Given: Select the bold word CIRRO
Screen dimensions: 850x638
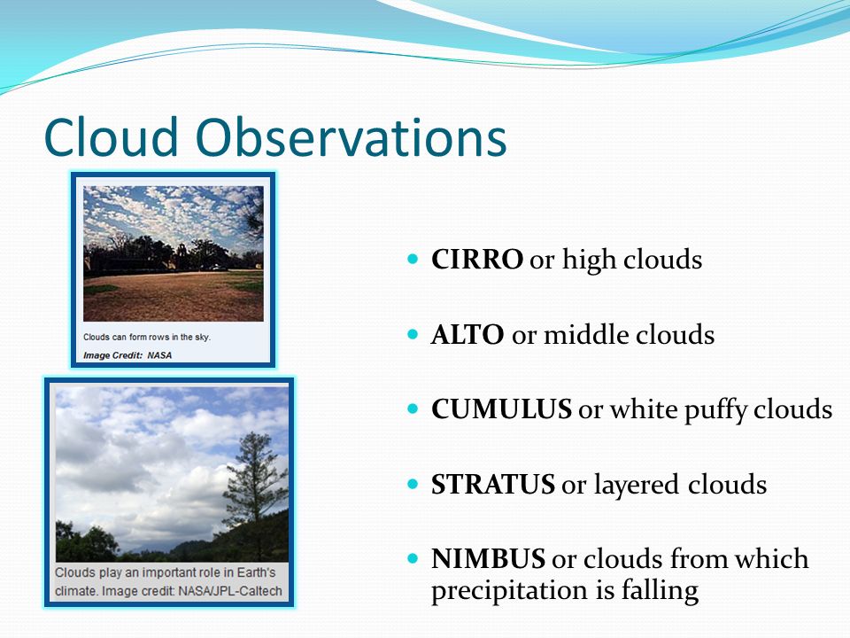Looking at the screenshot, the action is pyautogui.click(x=477, y=260).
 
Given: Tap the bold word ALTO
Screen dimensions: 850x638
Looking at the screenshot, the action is pyautogui.click(x=467, y=335).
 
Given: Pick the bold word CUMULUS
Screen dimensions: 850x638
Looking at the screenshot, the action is pyautogui.click(x=501, y=409).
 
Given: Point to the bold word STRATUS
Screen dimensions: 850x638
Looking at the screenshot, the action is pyautogui.click(x=493, y=485).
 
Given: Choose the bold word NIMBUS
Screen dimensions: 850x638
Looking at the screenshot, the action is pyautogui.click(x=489, y=559).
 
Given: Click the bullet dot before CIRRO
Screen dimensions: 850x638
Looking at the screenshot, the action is pyautogui.click(x=413, y=258).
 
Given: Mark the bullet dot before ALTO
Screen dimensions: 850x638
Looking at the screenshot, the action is pyautogui.click(x=413, y=334).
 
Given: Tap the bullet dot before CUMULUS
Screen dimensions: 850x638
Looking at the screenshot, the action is pyautogui.click(x=413, y=408).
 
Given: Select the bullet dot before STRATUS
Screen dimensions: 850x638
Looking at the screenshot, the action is pyautogui.click(x=413, y=484).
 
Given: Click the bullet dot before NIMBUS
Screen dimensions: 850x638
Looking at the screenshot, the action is pyautogui.click(x=413, y=557).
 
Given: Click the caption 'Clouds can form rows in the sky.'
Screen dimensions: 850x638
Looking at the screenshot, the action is pyautogui.click(x=147, y=337).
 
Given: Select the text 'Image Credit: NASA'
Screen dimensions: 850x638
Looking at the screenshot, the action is pyautogui.click(x=127, y=355).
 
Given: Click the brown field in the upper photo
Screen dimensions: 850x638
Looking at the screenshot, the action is pyautogui.click(x=174, y=297).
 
